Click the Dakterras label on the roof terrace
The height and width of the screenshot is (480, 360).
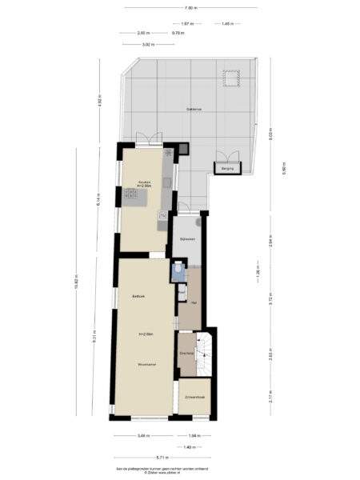point(194,109)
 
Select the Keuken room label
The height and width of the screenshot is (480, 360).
point(145,182)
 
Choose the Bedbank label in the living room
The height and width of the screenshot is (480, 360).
point(138,296)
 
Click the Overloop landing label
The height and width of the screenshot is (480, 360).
point(186,353)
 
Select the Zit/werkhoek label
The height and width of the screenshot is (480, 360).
point(196,398)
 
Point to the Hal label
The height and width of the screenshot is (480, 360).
point(193,302)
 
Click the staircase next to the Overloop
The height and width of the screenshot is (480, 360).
point(206,352)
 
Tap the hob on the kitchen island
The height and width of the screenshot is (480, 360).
point(130,194)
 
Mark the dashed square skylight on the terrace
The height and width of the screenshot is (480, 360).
point(232,78)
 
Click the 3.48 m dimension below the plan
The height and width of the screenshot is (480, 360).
point(142,435)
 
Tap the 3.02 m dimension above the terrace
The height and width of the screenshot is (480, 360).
point(147,45)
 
